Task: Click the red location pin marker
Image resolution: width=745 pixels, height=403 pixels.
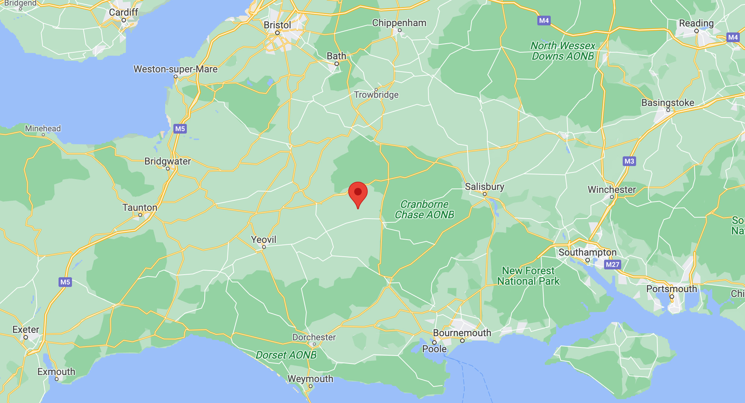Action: pyautogui.click(x=358, y=193)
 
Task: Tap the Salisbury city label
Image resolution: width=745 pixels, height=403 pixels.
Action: pyautogui.click(x=484, y=187)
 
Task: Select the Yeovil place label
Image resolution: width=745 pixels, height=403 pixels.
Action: pyautogui.click(x=264, y=240)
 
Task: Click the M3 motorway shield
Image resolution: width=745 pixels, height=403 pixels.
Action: pyautogui.click(x=629, y=161)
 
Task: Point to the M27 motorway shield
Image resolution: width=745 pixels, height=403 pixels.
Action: pyautogui.click(x=612, y=265)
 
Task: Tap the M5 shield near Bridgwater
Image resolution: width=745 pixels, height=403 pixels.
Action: pyautogui.click(x=180, y=129)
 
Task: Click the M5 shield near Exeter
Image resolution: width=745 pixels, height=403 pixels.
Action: pyautogui.click(x=65, y=282)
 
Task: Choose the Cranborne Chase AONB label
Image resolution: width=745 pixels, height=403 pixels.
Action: pyautogui.click(x=424, y=209)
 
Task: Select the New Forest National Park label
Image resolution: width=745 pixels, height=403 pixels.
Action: pyautogui.click(x=528, y=276)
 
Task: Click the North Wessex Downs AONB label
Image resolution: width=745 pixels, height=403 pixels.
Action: pyautogui.click(x=563, y=51)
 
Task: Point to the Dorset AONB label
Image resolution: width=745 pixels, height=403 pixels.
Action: pyautogui.click(x=286, y=355)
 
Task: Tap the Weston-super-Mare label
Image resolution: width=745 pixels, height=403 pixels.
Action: pyautogui.click(x=175, y=69)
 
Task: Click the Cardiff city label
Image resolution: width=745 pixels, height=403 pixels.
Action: pyautogui.click(x=123, y=12)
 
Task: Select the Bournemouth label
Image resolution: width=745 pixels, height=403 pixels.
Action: pyautogui.click(x=462, y=333)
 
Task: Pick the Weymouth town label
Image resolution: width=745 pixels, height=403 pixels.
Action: pyautogui.click(x=310, y=379)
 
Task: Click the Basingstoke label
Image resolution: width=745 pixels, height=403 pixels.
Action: pyautogui.click(x=667, y=103)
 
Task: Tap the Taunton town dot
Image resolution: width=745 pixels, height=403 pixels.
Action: pyautogui.click(x=140, y=215)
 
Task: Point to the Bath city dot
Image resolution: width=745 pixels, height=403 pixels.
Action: pyautogui.click(x=336, y=64)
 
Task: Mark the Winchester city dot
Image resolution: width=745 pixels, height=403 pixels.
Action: pyautogui.click(x=612, y=197)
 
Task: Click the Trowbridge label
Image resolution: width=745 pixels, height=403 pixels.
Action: pyautogui.click(x=376, y=95)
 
